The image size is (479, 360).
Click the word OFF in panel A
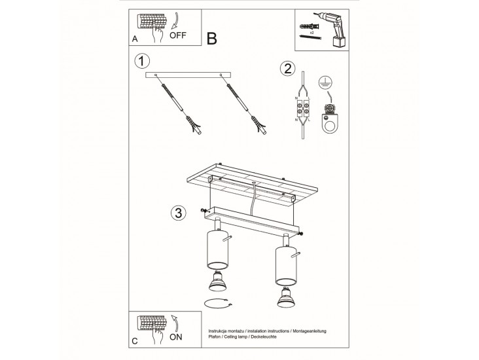click(177, 35)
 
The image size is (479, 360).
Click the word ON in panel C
click(175, 337)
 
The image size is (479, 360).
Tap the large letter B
click(212, 39)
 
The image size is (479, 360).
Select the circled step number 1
click(142, 61)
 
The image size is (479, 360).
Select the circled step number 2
click(288, 69)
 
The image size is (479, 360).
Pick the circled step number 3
click(179, 213)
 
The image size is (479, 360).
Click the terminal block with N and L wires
click(303, 109)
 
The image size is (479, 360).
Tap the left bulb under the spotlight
click(217, 281)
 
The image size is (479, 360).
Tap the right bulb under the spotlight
click(286, 297)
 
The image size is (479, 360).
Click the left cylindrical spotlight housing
click(217, 249)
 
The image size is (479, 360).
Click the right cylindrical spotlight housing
click(286, 265)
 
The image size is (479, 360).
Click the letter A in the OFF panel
click(135, 39)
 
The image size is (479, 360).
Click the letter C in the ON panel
click(135, 341)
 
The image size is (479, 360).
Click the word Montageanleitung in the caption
click(310, 331)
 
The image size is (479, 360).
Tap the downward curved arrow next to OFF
click(175, 21)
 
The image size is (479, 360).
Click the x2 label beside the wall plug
click(312, 32)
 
